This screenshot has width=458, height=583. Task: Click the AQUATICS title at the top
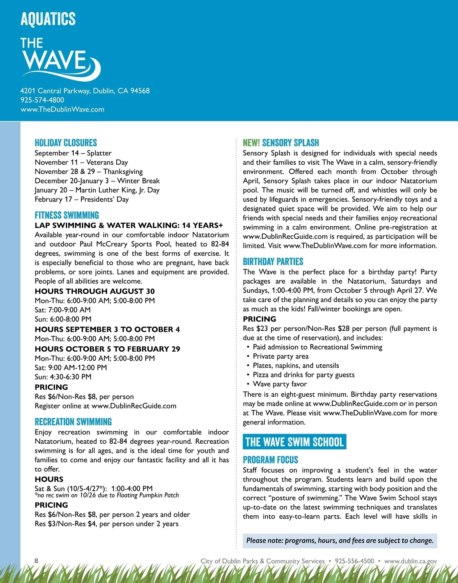click(x=48, y=19)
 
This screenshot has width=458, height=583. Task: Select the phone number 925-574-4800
click(x=42, y=100)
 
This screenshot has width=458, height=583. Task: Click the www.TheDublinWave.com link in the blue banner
click(x=62, y=109)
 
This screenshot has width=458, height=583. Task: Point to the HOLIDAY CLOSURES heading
click(x=66, y=143)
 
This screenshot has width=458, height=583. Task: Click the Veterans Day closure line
click(x=81, y=162)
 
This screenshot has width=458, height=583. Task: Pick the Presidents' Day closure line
click(x=82, y=199)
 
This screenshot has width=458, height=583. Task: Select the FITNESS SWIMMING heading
click(x=67, y=215)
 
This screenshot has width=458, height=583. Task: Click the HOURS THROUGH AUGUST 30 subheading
click(x=95, y=291)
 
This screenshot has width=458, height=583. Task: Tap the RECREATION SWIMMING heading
click(x=73, y=422)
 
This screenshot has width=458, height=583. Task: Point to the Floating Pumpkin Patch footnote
click(x=107, y=495)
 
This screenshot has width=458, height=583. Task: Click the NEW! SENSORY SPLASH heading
click(x=281, y=143)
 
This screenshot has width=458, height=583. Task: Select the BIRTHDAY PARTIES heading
click(x=273, y=262)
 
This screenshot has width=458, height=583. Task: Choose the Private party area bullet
click(x=281, y=356)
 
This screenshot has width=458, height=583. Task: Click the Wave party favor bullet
click(x=280, y=384)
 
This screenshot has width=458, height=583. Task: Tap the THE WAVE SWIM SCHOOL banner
click(x=295, y=442)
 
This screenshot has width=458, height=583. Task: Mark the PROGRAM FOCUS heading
click(x=271, y=460)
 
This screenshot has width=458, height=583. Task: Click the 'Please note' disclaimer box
click(x=340, y=541)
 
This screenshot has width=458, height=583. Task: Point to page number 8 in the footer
click(x=36, y=560)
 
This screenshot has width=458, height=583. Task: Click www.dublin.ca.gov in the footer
click(x=410, y=561)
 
